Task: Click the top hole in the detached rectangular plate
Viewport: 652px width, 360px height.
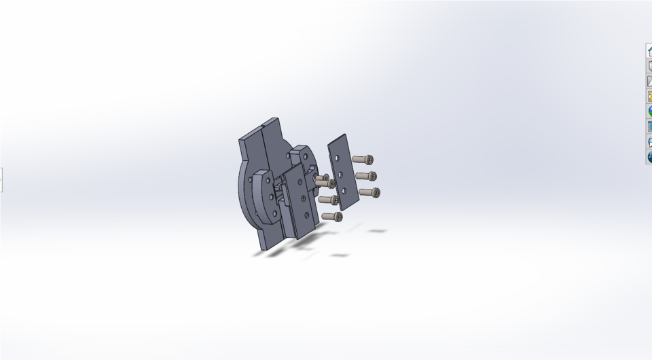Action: [x=338, y=158]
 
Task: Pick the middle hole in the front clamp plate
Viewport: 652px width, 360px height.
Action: [x=302, y=198]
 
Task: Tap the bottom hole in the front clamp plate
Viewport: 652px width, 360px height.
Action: [x=307, y=215]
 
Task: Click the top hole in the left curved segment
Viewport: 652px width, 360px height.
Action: [x=268, y=181]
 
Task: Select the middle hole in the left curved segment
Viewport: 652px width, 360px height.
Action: [x=271, y=197]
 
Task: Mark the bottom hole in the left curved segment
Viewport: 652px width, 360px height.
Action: [x=275, y=213]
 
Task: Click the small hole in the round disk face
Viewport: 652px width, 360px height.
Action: [x=288, y=156]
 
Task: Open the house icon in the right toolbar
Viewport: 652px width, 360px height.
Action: [x=649, y=51]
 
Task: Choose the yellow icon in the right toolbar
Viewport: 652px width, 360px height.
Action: [x=649, y=96]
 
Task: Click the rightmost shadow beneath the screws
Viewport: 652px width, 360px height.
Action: [x=377, y=231]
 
